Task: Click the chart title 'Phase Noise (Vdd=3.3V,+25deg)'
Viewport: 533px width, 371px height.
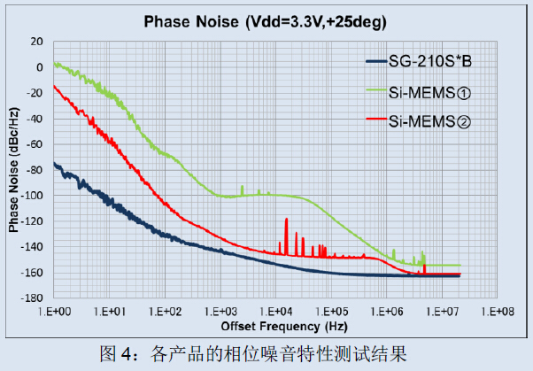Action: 266,22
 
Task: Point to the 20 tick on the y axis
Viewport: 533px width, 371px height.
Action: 36,41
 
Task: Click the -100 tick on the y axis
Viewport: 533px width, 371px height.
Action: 33,195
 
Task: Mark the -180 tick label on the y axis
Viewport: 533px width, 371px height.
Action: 33,298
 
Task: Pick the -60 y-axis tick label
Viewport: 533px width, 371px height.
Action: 35,143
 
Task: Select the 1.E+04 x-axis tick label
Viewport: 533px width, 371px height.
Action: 275,311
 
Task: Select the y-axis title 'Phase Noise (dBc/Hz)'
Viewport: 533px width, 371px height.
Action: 14,169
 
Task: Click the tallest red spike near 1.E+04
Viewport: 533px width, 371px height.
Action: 286,220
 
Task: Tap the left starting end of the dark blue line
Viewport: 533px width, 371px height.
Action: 55,162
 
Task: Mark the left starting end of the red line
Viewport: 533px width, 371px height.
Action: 55,86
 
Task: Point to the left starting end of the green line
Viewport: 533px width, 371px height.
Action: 55,64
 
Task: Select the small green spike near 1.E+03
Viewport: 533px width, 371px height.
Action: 242,188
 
